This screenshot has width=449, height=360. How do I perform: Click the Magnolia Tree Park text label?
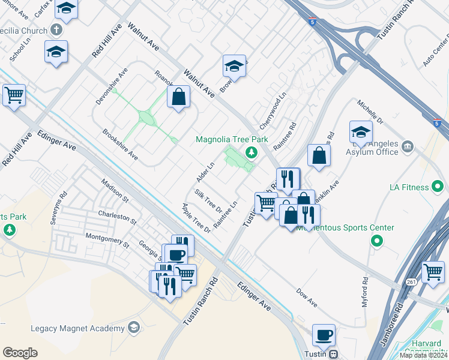pos(232,139)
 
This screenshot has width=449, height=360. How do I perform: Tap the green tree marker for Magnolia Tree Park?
pos(251,152)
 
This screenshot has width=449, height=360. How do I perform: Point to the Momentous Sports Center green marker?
pos(377,242)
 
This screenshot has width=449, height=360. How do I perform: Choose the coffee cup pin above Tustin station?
pos(324,335)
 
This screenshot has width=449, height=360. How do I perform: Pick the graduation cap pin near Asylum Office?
pos(361,131)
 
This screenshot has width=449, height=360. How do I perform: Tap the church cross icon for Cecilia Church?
pos(57,29)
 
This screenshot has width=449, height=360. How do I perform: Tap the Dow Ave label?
pos(307,296)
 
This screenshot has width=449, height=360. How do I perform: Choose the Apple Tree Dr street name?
pos(197,218)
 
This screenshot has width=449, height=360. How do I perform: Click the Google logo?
pos(20,352)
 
